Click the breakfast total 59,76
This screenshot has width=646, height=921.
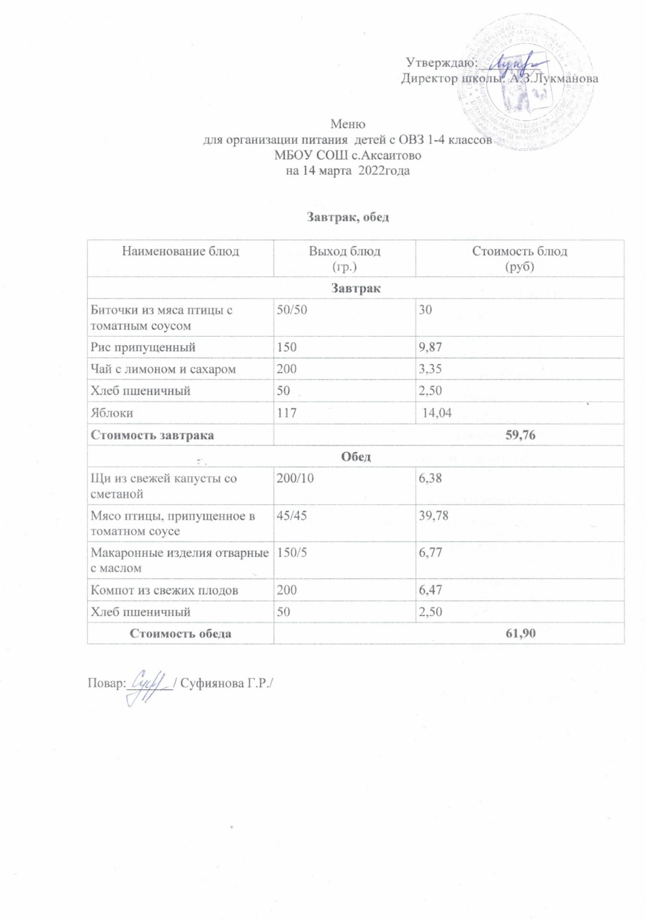tap(524, 435)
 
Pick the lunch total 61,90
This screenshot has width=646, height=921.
tap(524, 632)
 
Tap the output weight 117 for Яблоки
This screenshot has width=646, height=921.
tap(287, 414)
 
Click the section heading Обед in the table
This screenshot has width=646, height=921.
tap(355, 457)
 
